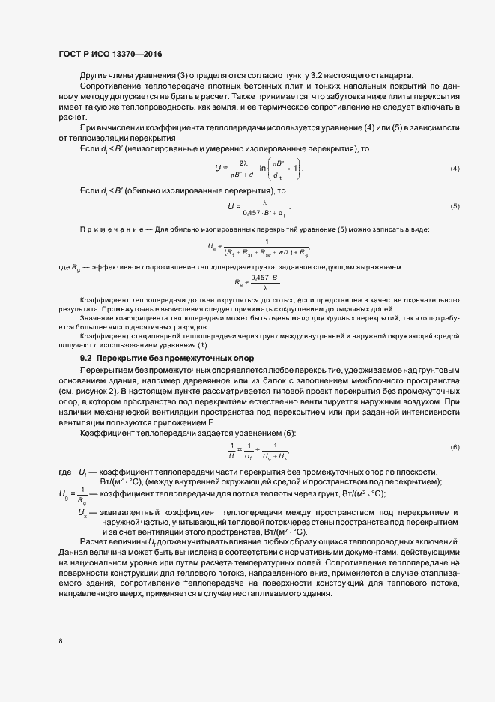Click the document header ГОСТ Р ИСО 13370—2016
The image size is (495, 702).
[109, 55]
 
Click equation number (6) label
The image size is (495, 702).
[455, 448]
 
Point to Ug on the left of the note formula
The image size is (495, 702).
[212, 245]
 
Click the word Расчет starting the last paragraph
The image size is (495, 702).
[94, 542]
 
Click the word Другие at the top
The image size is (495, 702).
[95, 75]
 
